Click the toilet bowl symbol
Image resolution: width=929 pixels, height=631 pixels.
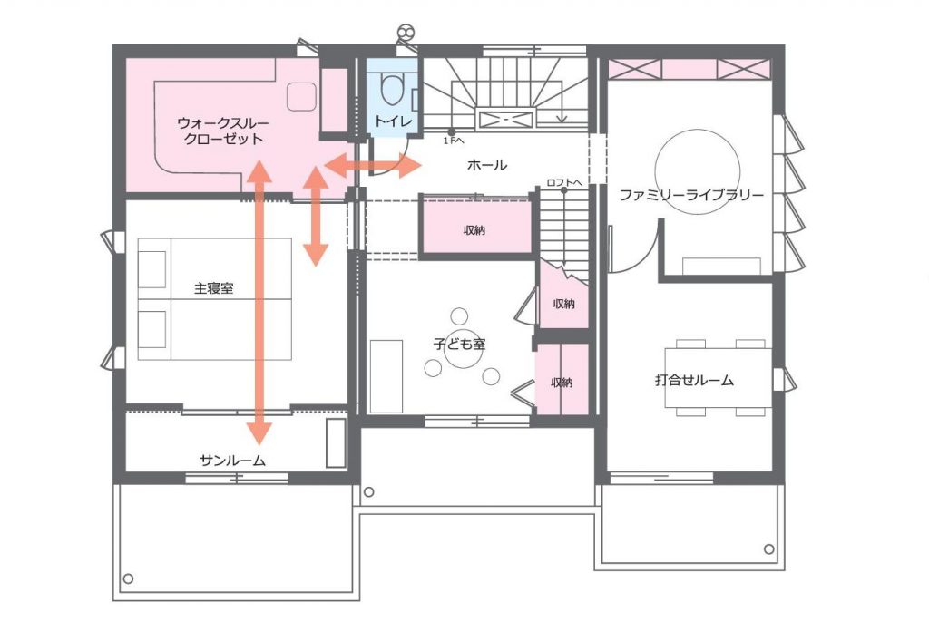[x=388, y=89]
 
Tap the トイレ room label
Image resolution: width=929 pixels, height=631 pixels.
[x=393, y=121]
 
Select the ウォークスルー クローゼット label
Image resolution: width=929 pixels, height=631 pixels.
[x=223, y=131]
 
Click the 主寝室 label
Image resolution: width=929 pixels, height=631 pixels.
[x=214, y=288]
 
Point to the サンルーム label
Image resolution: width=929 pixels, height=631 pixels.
[x=232, y=461]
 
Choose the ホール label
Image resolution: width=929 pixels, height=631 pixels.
[x=487, y=165]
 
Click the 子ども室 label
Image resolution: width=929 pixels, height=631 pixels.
[x=460, y=344]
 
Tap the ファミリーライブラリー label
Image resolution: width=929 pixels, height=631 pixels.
[x=691, y=195]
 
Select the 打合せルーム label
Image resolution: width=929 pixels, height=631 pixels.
[x=694, y=380]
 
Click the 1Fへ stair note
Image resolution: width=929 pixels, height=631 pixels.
[x=454, y=141]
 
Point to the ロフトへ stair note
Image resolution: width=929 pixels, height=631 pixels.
[x=564, y=183]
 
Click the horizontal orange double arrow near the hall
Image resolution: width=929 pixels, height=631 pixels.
[x=373, y=165]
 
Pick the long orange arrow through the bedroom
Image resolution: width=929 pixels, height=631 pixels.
[x=259, y=303]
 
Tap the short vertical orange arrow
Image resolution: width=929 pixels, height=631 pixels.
[x=316, y=216]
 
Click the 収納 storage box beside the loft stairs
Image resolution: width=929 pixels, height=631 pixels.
[x=475, y=229]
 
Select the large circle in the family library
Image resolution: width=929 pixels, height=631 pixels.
[x=698, y=130]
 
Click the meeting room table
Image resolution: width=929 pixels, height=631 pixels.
[x=719, y=378]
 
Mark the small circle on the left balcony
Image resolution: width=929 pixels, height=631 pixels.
[x=128, y=579]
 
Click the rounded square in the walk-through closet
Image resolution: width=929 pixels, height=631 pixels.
[x=301, y=96]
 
